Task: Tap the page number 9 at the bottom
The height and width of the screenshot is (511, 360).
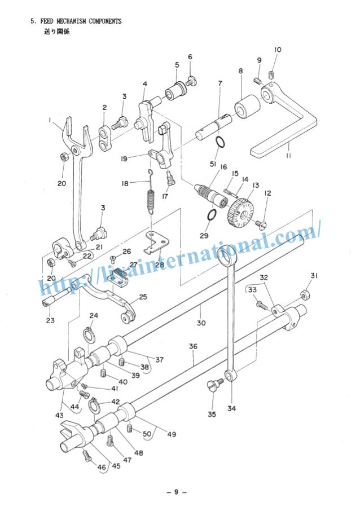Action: pyautogui.click(x=176, y=492)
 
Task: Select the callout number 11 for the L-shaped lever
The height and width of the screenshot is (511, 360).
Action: pyautogui.click(x=288, y=156)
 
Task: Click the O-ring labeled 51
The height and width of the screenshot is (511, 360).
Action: pyautogui.click(x=221, y=142)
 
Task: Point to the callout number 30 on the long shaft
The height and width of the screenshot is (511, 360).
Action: pyautogui.click(x=201, y=323)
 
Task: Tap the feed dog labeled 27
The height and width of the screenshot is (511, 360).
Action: pyautogui.click(x=119, y=275)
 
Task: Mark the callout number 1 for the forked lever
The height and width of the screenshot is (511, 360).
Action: pyautogui.click(x=50, y=120)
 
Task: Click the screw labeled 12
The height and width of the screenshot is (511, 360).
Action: pyautogui.click(x=261, y=224)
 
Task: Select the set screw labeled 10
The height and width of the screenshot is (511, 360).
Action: pyautogui.click(x=271, y=74)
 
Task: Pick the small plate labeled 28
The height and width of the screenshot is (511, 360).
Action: pyautogui.click(x=156, y=242)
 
